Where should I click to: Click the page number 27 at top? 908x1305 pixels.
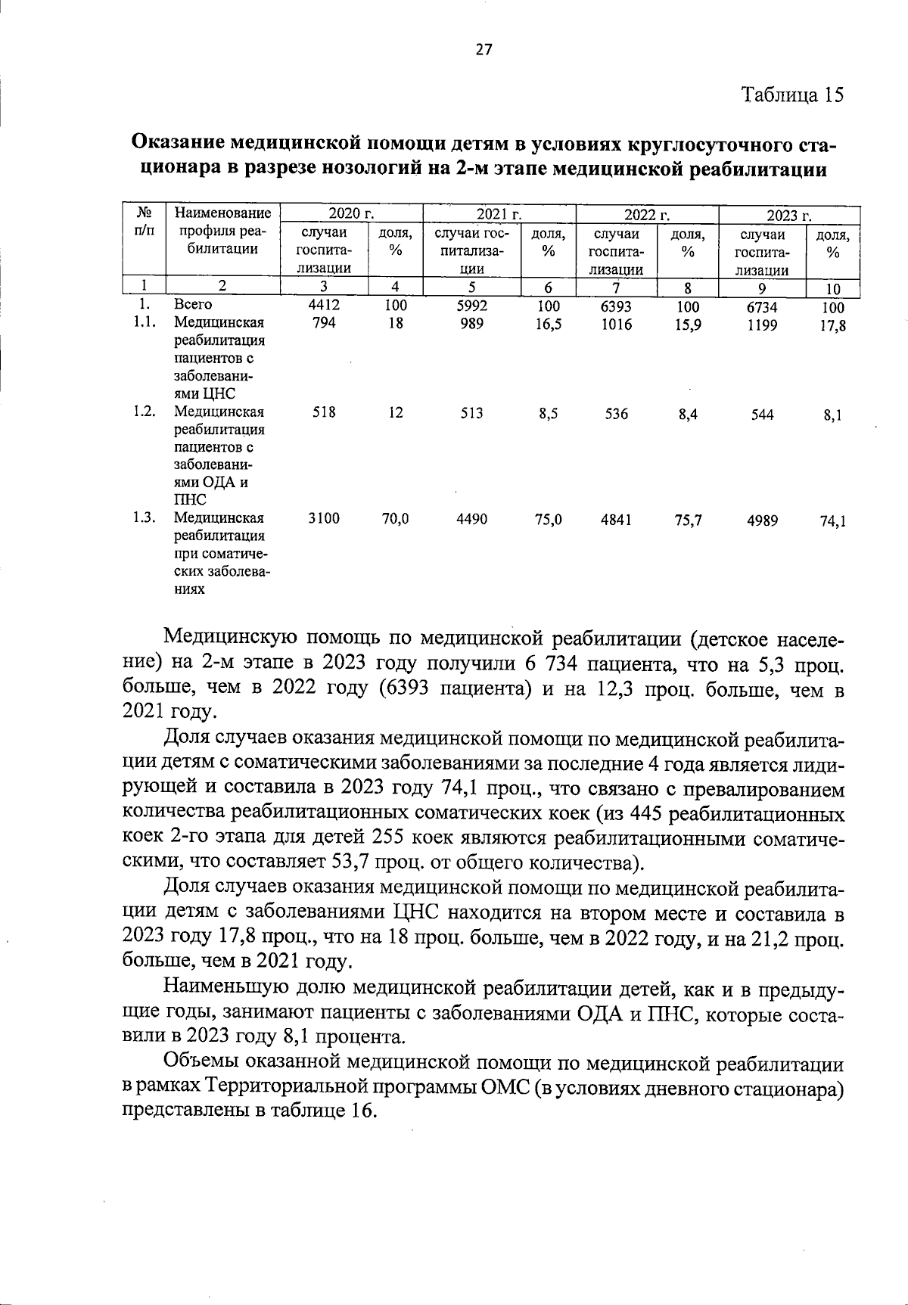point(484,50)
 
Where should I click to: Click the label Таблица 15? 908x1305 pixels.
point(791,95)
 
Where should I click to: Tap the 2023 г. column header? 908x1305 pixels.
point(789,216)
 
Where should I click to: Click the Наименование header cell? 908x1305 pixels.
point(222,214)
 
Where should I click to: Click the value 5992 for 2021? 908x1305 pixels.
point(472,306)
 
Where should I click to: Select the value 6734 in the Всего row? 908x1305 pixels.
point(762,308)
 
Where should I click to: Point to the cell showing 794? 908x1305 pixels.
point(324,323)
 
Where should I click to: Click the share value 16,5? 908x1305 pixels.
point(548,325)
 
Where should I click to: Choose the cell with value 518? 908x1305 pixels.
point(324,412)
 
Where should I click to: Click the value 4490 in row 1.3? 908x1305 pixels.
point(472,519)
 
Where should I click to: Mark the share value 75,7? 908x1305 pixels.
point(687,520)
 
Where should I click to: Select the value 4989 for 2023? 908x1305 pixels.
point(762,520)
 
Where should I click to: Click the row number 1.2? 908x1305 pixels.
point(143,412)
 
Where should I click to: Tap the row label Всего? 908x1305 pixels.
point(193,305)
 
